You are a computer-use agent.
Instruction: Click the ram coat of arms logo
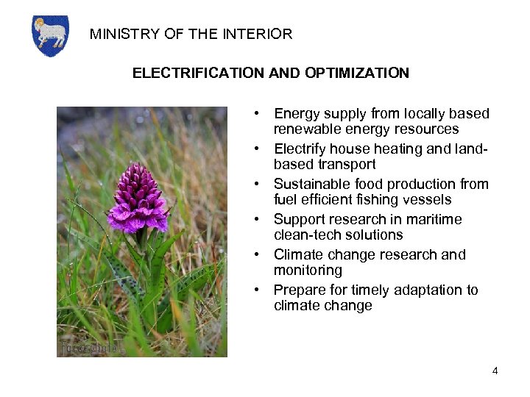pos(50,35)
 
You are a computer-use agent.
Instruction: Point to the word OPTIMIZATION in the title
pos(355,74)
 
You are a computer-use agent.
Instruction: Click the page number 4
pos(495,371)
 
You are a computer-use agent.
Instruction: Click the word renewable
pos(305,129)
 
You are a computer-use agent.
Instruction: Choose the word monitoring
pos(308,271)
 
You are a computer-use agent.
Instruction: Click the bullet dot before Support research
pos(255,220)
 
